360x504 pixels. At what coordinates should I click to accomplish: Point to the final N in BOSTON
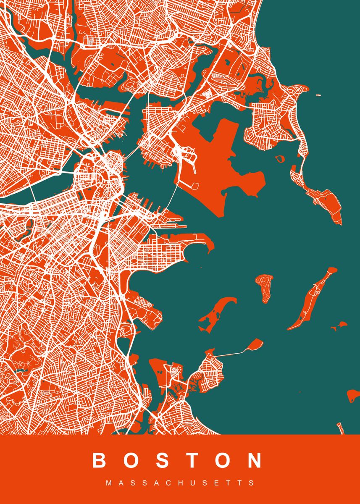(255, 460)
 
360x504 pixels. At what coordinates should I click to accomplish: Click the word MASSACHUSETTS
(180, 483)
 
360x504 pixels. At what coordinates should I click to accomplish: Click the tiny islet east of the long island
(339, 325)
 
